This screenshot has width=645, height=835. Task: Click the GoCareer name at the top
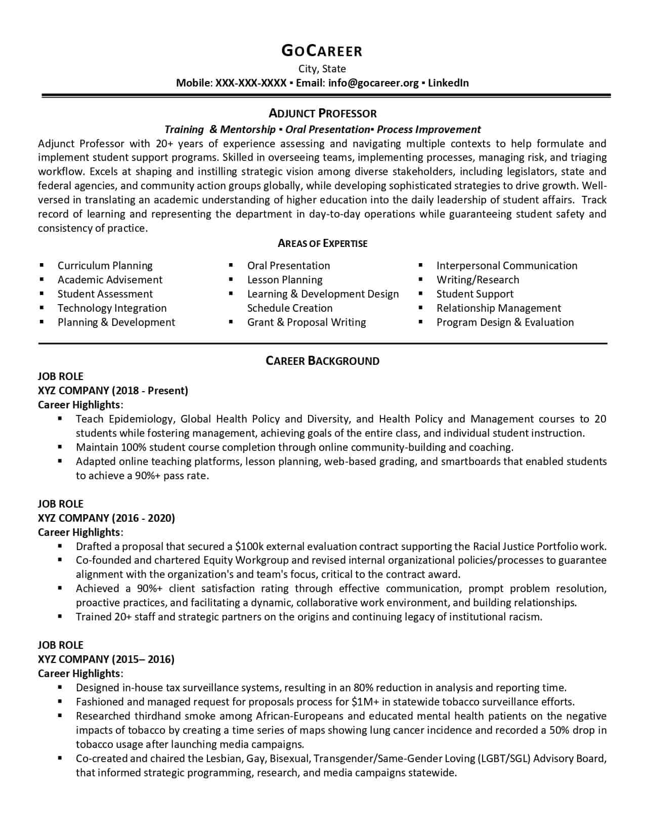(322, 51)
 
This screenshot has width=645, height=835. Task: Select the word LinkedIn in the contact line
(448, 83)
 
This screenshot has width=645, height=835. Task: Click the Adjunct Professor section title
(322, 113)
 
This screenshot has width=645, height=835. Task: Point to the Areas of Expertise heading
(322, 243)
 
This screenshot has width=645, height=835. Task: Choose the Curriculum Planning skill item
(105, 266)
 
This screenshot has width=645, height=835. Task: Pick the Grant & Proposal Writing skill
(306, 322)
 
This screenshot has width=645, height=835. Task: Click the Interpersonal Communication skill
(506, 266)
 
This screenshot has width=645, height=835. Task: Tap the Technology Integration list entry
(112, 308)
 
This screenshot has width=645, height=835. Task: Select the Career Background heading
(322, 361)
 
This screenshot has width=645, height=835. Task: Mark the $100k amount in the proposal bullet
(249, 547)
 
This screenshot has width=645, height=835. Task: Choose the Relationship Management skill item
(498, 308)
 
